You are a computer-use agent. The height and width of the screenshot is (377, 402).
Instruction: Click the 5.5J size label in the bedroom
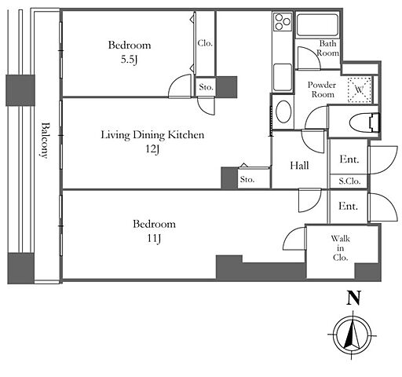coord(129,60)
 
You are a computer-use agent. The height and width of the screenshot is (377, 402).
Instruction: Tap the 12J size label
coord(152,149)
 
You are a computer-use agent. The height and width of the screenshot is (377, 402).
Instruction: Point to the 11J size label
coord(154,238)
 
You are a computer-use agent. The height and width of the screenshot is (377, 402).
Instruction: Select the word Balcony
coord(46,140)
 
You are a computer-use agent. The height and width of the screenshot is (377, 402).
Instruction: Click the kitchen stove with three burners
coord(283,21)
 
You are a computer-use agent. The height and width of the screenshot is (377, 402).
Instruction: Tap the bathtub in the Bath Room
coord(317,25)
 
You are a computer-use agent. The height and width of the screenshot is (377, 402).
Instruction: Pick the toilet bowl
coord(364,123)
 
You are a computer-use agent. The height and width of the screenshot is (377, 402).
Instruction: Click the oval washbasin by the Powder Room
coord(283,112)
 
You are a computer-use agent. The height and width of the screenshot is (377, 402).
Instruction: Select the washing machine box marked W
coord(360,90)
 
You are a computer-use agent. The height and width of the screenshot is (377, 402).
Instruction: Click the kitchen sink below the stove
coord(283,77)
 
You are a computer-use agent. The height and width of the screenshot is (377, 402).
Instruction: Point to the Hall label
coord(299,166)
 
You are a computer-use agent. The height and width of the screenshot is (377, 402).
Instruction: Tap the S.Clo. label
coord(349,181)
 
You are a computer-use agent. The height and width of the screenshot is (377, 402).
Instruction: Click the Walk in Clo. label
coord(340,248)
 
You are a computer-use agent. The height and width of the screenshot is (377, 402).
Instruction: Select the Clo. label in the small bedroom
coord(205,43)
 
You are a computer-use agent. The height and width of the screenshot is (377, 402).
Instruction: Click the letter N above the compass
coord(353,298)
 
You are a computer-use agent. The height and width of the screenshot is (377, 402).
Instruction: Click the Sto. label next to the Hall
coord(247,179)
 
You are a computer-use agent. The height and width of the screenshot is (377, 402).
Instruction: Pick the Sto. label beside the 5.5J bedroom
coord(206,87)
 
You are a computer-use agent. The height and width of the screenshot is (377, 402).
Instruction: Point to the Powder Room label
coord(322,90)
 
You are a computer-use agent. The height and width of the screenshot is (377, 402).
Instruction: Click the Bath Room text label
coord(328,48)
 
